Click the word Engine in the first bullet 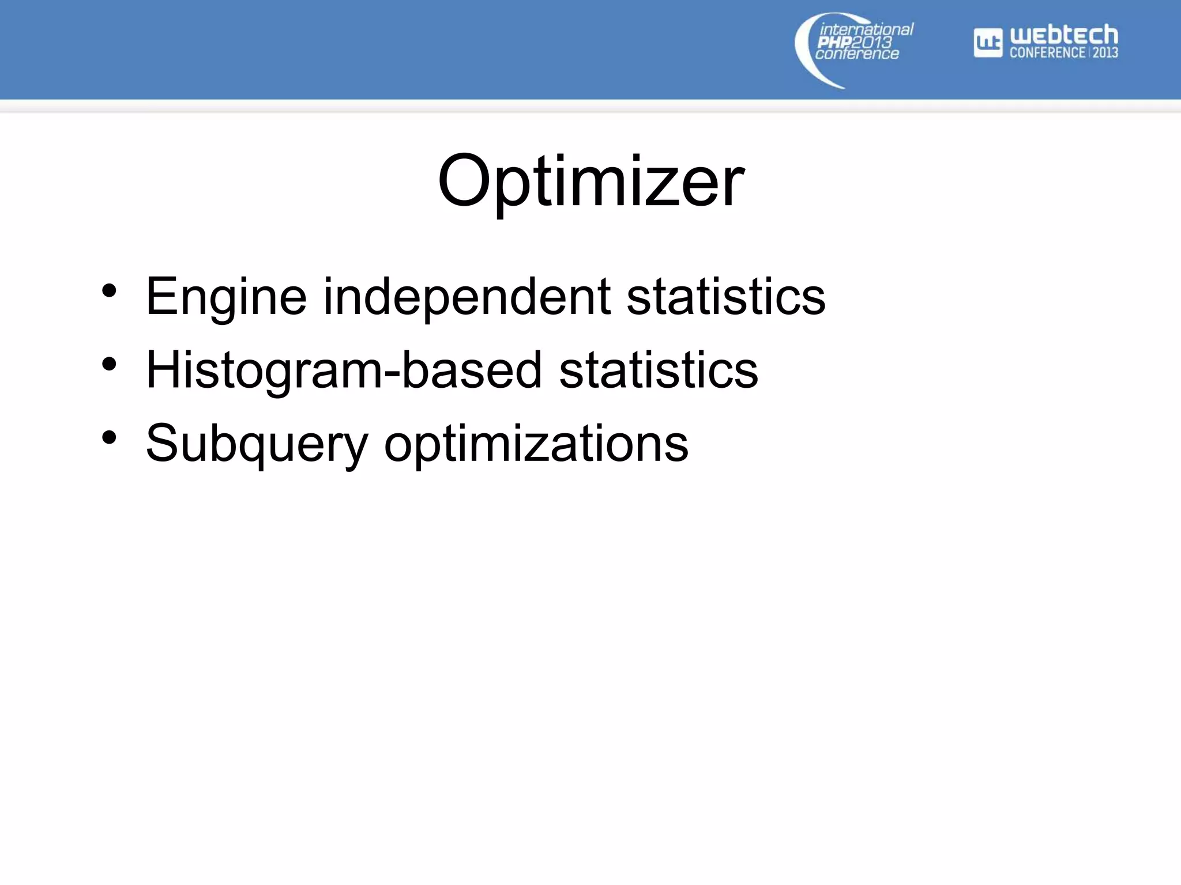[x=226, y=297]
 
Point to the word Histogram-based [x=344, y=370]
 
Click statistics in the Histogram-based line [x=659, y=370]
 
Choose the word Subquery [x=257, y=444]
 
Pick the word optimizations [x=536, y=444]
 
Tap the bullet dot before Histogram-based [x=109, y=364]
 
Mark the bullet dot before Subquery [x=109, y=437]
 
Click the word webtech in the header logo [x=1064, y=36]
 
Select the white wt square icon [x=988, y=43]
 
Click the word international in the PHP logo [x=866, y=29]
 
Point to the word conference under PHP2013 [x=857, y=54]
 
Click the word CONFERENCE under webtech [x=1047, y=52]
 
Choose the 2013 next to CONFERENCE [x=1105, y=52]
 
